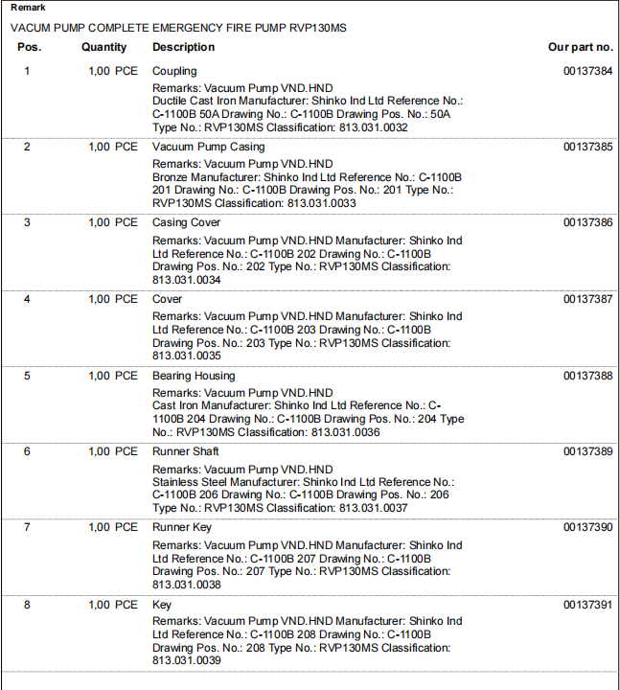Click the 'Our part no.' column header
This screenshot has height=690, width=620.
pyautogui.click(x=580, y=47)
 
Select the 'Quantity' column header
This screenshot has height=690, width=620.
pyautogui.click(x=103, y=47)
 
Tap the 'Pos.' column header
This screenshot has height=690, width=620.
pyautogui.click(x=30, y=47)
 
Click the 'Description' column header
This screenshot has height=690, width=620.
pyautogui.click(x=183, y=47)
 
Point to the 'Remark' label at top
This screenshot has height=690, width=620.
pyautogui.click(x=28, y=8)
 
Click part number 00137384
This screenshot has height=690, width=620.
pyautogui.click(x=587, y=71)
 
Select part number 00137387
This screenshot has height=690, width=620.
pyautogui.click(x=587, y=299)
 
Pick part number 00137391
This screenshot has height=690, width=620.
pyautogui.click(x=587, y=605)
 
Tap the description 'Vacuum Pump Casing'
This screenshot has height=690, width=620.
pyautogui.click(x=208, y=147)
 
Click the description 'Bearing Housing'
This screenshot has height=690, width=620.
pyautogui.click(x=193, y=376)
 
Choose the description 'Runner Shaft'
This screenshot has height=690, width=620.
pyautogui.click(x=185, y=451)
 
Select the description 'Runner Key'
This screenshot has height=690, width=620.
pyautogui.click(x=182, y=527)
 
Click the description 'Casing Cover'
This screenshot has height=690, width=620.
pyautogui.click(x=186, y=222)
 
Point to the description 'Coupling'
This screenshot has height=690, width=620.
pyautogui.click(x=174, y=71)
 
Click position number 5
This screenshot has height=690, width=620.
pyautogui.click(x=27, y=376)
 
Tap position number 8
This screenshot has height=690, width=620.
pyautogui.click(x=27, y=605)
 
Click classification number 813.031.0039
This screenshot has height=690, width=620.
pyautogui.click(x=187, y=660)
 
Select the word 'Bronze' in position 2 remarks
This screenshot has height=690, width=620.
pyautogui.click(x=171, y=177)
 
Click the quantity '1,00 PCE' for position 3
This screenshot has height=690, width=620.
pyautogui.click(x=112, y=222)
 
